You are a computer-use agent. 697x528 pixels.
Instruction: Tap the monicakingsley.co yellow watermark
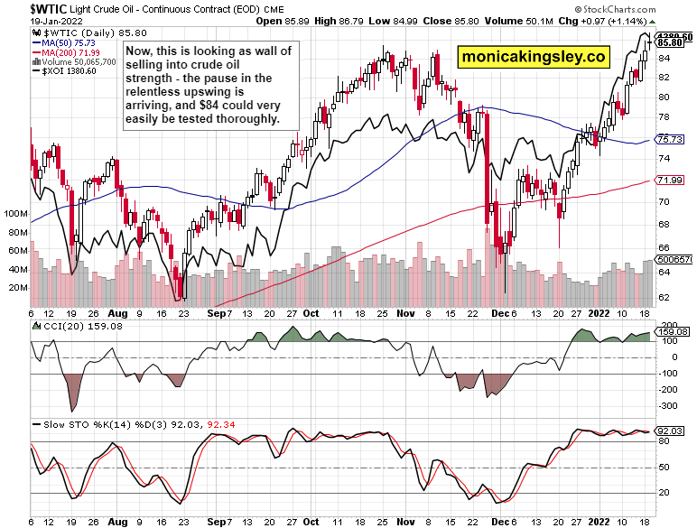tap(534, 58)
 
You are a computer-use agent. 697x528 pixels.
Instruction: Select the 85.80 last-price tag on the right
tap(670, 42)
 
